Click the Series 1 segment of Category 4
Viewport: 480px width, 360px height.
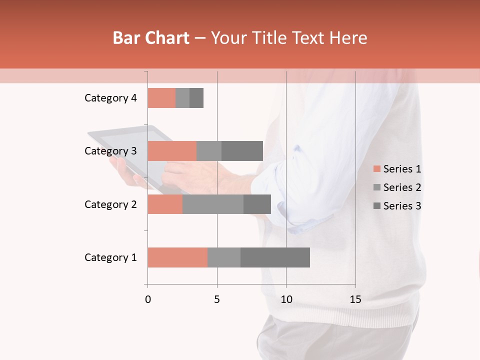[161, 98]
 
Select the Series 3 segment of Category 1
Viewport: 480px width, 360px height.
[275, 257]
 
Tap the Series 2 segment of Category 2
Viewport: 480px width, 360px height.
[213, 204]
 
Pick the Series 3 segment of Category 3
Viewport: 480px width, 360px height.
[242, 151]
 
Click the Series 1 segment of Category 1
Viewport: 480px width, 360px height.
[177, 257]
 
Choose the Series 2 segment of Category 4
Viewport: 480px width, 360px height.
[182, 98]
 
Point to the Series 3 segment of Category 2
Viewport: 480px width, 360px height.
[257, 204]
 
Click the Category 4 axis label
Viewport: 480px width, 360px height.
[110, 98]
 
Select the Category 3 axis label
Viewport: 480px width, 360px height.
[110, 151]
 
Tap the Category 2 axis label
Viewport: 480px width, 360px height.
[110, 204]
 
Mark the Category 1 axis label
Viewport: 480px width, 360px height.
[110, 257]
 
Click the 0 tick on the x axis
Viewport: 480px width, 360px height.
[148, 299]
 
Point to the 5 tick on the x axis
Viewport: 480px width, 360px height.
[217, 299]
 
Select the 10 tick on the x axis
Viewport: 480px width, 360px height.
[286, 299]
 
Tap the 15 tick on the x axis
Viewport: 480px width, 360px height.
[355, 299]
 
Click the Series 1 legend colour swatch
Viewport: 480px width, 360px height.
[376, 169]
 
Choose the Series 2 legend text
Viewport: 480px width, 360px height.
[402, 187]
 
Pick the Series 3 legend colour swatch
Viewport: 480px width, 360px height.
[376, 206]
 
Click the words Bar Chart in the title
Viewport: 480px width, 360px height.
[151, 38]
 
